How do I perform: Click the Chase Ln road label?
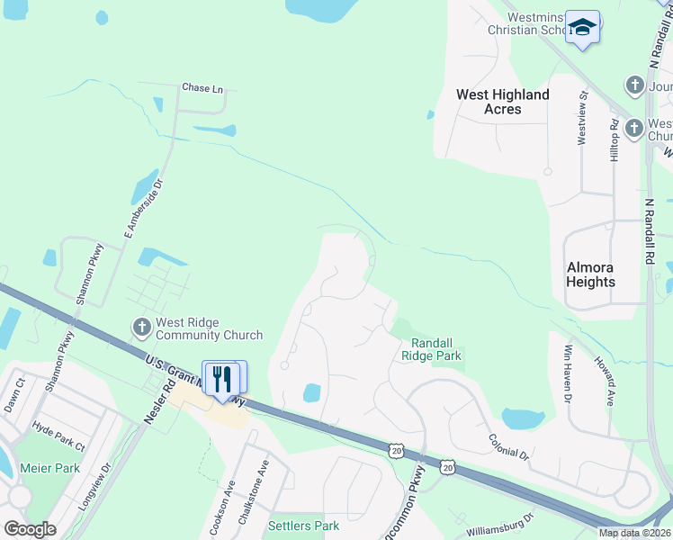point(202,88)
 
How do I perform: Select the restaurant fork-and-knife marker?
point(222,378)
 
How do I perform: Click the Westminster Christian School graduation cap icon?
point(582,28)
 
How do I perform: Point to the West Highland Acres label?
point(502,102)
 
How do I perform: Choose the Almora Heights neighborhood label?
point(590,274)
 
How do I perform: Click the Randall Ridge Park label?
point(436,349)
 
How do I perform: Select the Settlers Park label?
point(303,525)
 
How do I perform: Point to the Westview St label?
point(582,116)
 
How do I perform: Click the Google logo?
point(30,528)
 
